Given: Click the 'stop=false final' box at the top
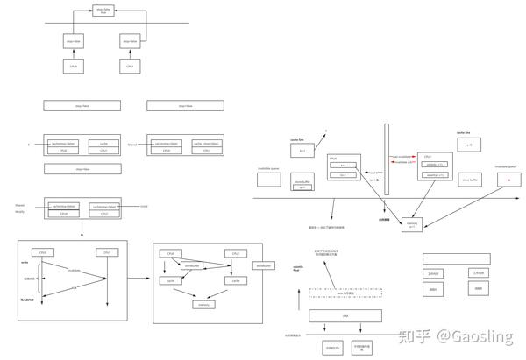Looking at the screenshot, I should [103, 11].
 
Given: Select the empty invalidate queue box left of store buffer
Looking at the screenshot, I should [267, 180].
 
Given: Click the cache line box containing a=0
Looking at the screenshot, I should [469, 145].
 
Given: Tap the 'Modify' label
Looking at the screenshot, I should [19, 212].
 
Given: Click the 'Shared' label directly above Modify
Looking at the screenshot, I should [19, 205].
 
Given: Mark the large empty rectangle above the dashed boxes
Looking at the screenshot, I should [456, 259].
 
